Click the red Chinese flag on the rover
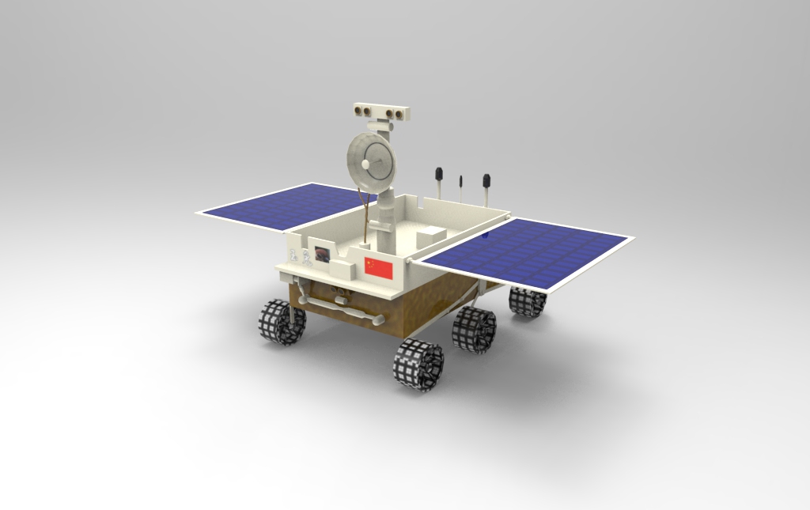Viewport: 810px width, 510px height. [x=378, y=268]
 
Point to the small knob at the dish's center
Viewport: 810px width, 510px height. [x=365, y=164]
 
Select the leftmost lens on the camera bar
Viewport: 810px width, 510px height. [x=358, y=111]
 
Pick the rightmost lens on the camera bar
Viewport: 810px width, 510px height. [x=399, y=114]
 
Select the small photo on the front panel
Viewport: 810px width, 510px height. [x=322, y=254]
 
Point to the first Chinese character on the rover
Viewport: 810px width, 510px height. [x=293, y=255]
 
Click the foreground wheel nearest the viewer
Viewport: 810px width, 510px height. [x=418, y=364]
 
